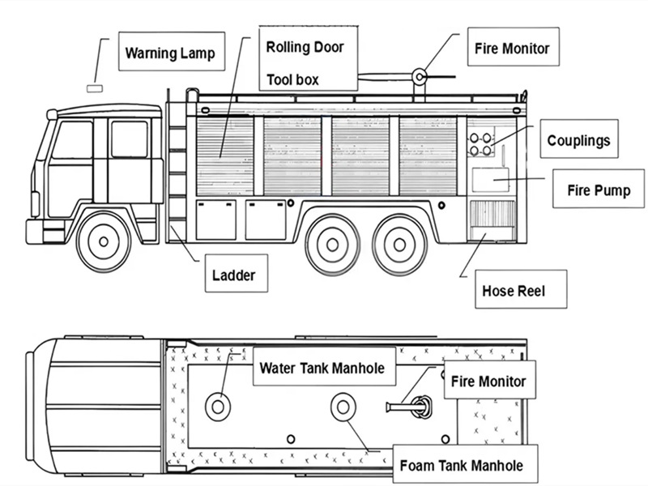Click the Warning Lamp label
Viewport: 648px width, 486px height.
coord(169,54)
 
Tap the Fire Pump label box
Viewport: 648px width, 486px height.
coord(599,191)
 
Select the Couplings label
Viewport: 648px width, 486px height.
coord(578,140)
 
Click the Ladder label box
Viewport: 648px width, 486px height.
coord(232,275)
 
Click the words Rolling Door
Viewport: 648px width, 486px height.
coord(305,46)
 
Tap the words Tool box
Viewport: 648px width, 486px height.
coord(292,79)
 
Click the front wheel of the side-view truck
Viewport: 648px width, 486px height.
coord(104,241)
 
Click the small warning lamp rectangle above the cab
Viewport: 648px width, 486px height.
coord(96,84)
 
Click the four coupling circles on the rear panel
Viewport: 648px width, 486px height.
coord(480,143)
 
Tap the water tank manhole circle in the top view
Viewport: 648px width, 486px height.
coord(217,405)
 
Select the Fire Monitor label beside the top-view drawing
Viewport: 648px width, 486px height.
coord(488,382)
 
